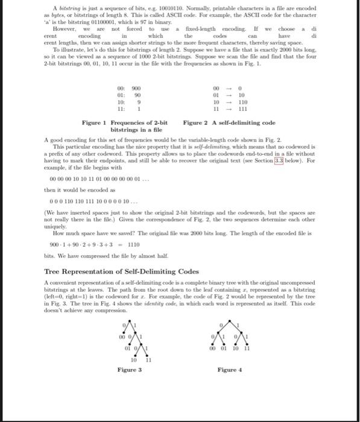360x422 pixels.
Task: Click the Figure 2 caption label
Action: pyautogui.click(x=198, y=123)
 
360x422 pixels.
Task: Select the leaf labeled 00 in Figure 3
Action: pyautogui.click(x=122, y=338)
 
